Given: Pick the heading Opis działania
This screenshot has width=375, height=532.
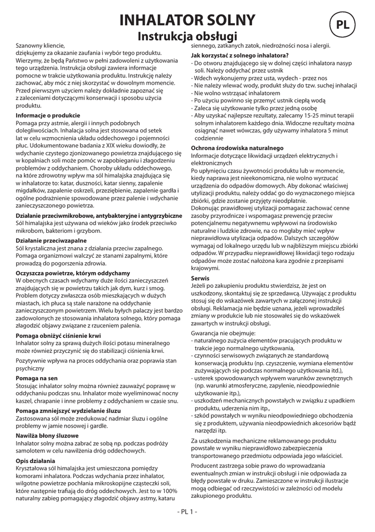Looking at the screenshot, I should pos(35,460).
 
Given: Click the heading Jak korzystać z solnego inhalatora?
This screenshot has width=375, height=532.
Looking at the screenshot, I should pos(240,55).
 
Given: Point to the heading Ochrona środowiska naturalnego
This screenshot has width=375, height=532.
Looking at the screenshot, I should pos(236,148).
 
